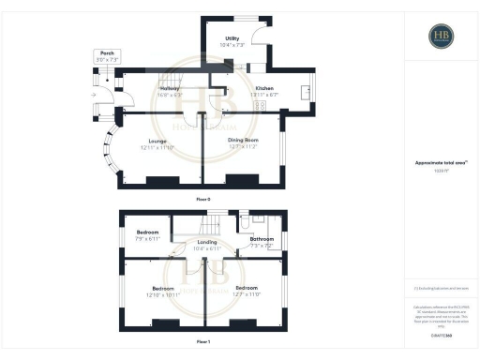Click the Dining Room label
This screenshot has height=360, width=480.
click(x=241, y=139)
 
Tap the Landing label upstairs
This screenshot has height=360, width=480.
click(x=207, y=242)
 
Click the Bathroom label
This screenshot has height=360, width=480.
click(x=262, y=239)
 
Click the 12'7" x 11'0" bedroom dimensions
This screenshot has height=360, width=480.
click(x=247, y=294)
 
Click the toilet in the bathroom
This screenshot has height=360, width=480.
click(x=246, y=224)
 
